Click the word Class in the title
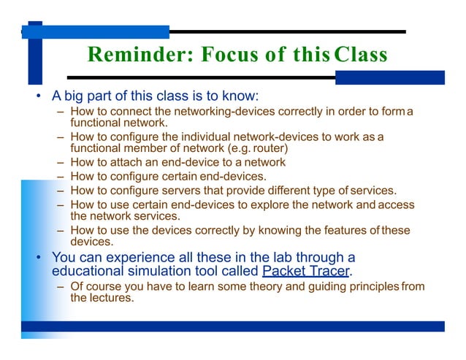(360, 55)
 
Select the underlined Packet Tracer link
(305, 272)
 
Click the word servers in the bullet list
(188, 190)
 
